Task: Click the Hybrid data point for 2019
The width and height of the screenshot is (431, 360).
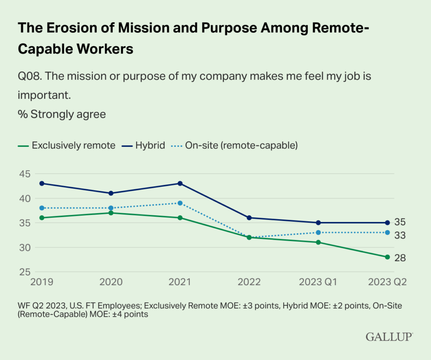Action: pos(42,183)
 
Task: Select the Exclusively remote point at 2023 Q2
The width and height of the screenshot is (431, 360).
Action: pos(387,257)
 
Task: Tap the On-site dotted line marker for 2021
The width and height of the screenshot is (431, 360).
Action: pos(180,203)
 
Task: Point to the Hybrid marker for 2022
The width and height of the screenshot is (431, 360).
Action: pos(249,218)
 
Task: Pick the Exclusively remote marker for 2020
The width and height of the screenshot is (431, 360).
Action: pos(111,213)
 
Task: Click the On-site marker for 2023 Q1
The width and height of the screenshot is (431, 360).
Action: pos(318,233)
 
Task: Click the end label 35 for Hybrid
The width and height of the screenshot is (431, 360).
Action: pos(400,222)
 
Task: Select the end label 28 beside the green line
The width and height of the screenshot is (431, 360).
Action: pos(400,258)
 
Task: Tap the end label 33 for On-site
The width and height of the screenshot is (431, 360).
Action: pos(400,236)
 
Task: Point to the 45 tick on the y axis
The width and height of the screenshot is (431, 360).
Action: pos(24,174)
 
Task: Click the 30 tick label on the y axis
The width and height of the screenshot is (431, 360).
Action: pos(24,247)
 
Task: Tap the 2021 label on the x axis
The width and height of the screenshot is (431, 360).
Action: pos(180,282)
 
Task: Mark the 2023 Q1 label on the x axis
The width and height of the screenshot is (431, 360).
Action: pos(318,282)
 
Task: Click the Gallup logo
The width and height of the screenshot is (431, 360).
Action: pos(389,336)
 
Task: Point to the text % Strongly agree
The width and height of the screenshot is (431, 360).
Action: pos(61,114)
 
